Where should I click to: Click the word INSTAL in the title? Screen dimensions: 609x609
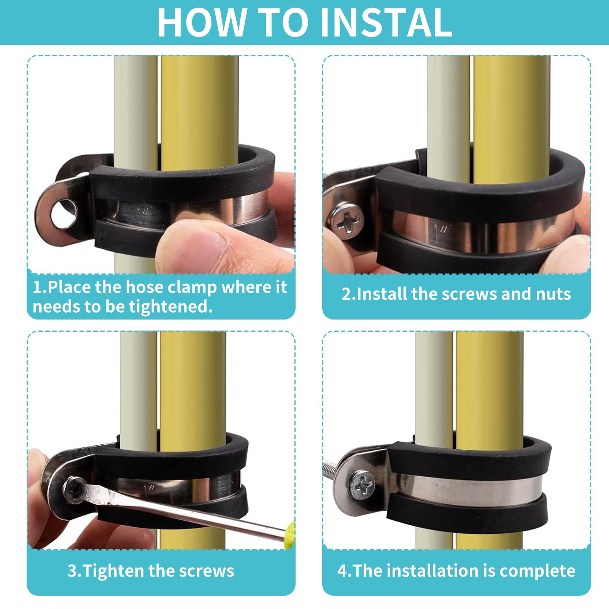pos(386,22)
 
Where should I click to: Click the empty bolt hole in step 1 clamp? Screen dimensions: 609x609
pos(64,213)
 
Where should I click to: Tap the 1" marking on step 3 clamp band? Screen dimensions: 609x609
pos(150,488)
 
